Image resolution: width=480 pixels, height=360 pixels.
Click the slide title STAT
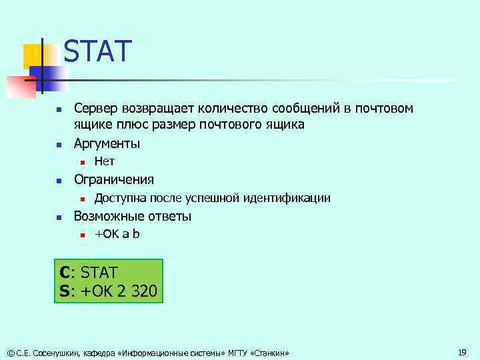pos(98,51)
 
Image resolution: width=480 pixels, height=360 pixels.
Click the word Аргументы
pos(107,143)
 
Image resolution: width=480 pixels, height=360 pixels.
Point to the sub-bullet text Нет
pos(105,161)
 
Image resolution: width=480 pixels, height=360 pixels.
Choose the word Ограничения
pos(113,179)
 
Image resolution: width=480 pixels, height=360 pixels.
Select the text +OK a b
pos(117,234)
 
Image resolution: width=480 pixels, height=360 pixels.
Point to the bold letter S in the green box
pos(65,291)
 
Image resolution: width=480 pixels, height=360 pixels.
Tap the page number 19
pos(462,351)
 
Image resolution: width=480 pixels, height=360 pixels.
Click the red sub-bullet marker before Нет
pos(80,162)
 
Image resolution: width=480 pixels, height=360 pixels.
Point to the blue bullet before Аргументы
pos(58,144)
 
